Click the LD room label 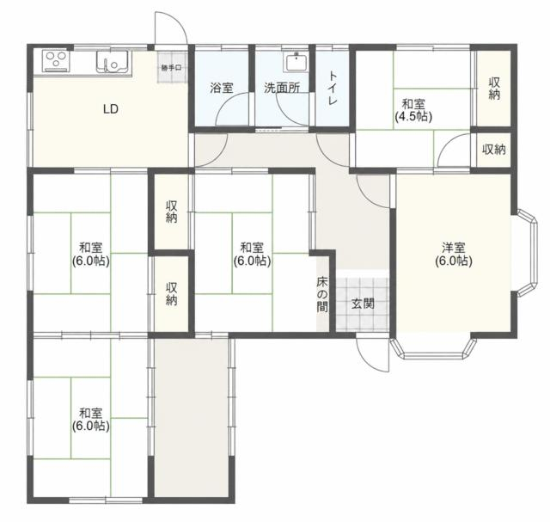[x=111, y=109]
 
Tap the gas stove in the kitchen [x=55, y=61]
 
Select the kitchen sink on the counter [x=113, y=62]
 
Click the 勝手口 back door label [x=172, y=68]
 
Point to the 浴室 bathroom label [x=222, y=88]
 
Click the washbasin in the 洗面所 [x=296, y=63]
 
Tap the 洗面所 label [x=282, y=88]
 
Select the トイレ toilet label [x=333, y=89]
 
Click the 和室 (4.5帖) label [x=413, y=110]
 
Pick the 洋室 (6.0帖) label [x=454, y=255]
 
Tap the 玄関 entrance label [x=363, y=304]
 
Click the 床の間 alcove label [x=322, y=295]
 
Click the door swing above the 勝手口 [x=171, y=28]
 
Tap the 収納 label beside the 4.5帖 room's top [x=494, y=89]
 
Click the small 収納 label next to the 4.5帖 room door [x=493, y=150]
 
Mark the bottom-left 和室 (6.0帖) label [x=91, y=419]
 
